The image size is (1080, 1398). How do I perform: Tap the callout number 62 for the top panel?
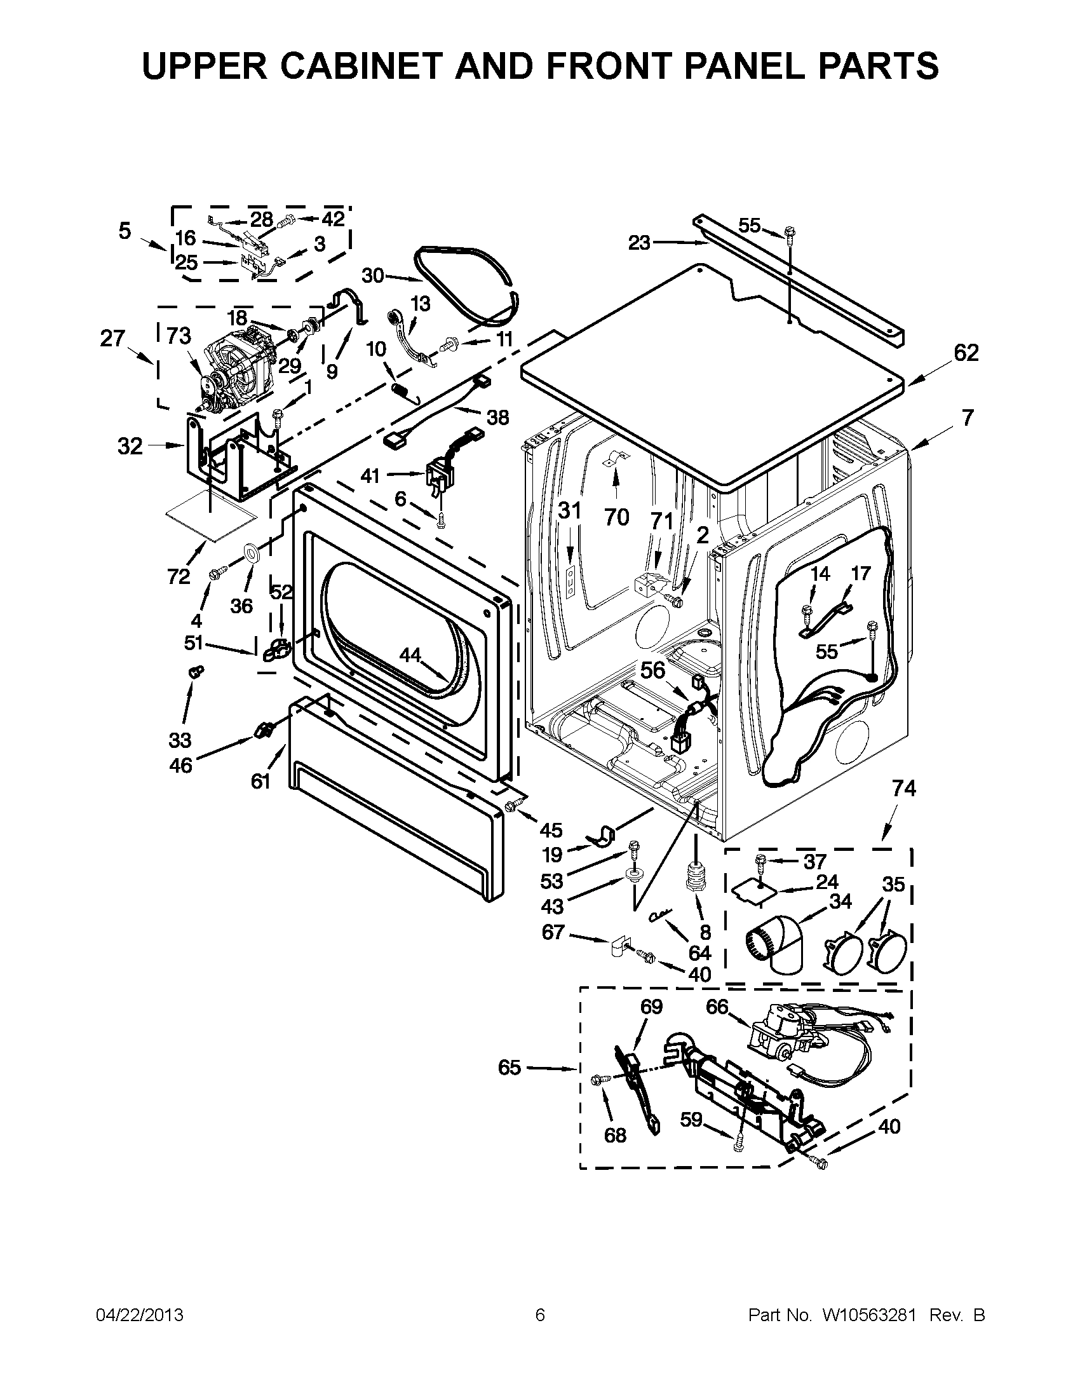pyautogui.click(x=966, y=353)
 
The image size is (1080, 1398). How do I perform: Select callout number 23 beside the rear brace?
pyautogui.click(x=638, y=243)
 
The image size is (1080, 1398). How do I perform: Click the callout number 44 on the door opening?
pyautogui.click(x=410, y=655)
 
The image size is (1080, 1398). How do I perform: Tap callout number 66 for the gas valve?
pyautogui.click(x=717, y=1007)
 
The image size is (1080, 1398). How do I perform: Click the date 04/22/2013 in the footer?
pyautogui.click(x=140, y=1315)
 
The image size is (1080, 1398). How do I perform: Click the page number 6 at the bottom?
pyautogui.click(x=539, y=1315)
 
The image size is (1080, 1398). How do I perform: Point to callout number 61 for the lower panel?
pyautogui.click(x=260, y=781)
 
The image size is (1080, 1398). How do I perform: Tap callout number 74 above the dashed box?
pyautogui.click(x=904, y=789)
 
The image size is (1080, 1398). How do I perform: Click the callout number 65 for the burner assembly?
pyautogui.click(x=510, y=1068)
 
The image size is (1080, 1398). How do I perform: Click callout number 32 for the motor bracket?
pyautogui.click(x=130, y=445)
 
